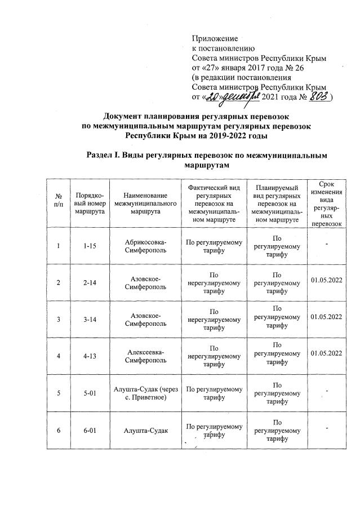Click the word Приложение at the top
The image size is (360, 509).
coord(215,39)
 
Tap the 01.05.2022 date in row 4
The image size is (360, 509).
coord(326,353)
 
